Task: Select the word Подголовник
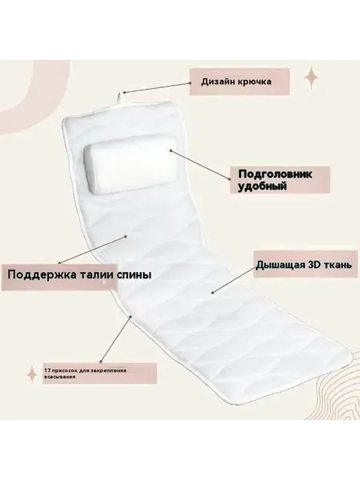click(275, 174)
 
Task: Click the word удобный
click(262, 186)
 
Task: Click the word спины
click(134, 275)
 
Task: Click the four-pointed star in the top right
click(312, 77)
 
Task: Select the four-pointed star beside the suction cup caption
click(32, 374)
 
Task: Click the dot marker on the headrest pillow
click(171, 150)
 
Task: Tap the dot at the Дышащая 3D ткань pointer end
click(212, 293)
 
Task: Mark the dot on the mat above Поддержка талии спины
click(126, 236)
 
